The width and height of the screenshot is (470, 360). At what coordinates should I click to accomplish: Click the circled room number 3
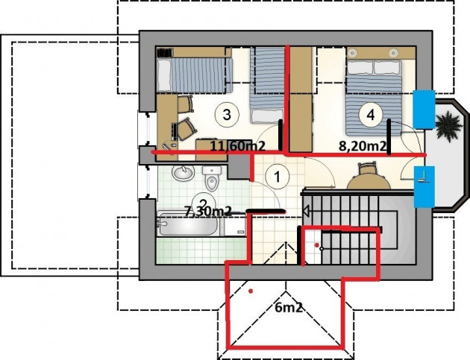click(x=227, y=114)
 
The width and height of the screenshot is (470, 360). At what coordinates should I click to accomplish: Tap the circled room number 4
click(x=371, y=114)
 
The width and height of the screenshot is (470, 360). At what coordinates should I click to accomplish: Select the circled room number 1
click(x=278, y=177)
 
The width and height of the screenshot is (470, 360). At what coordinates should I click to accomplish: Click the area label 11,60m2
click(x=238, y=146)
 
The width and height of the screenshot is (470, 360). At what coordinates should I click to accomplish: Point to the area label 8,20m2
click(x=362, y=146)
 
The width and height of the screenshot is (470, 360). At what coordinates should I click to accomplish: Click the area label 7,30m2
click(x=207, y=212)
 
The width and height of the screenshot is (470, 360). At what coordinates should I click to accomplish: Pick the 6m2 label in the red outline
click(x=288, y=307)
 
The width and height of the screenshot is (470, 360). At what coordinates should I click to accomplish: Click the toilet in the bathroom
click(x=212, y=178)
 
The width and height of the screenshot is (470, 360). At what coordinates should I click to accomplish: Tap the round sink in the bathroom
click(x=183, y=173)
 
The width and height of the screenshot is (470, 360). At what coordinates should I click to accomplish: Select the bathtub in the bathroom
click(x=187, y=224)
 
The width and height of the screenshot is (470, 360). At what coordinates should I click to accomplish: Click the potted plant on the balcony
click(x=448, y=126)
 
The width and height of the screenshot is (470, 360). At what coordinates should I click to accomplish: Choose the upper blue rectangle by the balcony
click(x=424, y=110)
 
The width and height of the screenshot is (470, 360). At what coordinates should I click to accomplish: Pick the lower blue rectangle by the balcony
click(x=424, y=186)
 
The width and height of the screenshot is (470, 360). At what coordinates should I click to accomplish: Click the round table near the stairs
click(x=369, y=182)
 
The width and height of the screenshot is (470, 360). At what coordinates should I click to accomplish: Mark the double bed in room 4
click(x=374, y=98)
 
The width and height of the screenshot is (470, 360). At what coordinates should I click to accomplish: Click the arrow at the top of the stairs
click(x=307, y=211)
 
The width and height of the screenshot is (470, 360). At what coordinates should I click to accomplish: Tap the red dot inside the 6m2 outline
click(x=251, y=291)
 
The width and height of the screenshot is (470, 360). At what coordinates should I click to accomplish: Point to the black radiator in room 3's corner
click(x=165, y=53)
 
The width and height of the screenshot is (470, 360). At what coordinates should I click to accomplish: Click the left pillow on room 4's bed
click(x=360, y=67)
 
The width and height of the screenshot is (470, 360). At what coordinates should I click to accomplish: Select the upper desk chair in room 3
click(x=186, y=104)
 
